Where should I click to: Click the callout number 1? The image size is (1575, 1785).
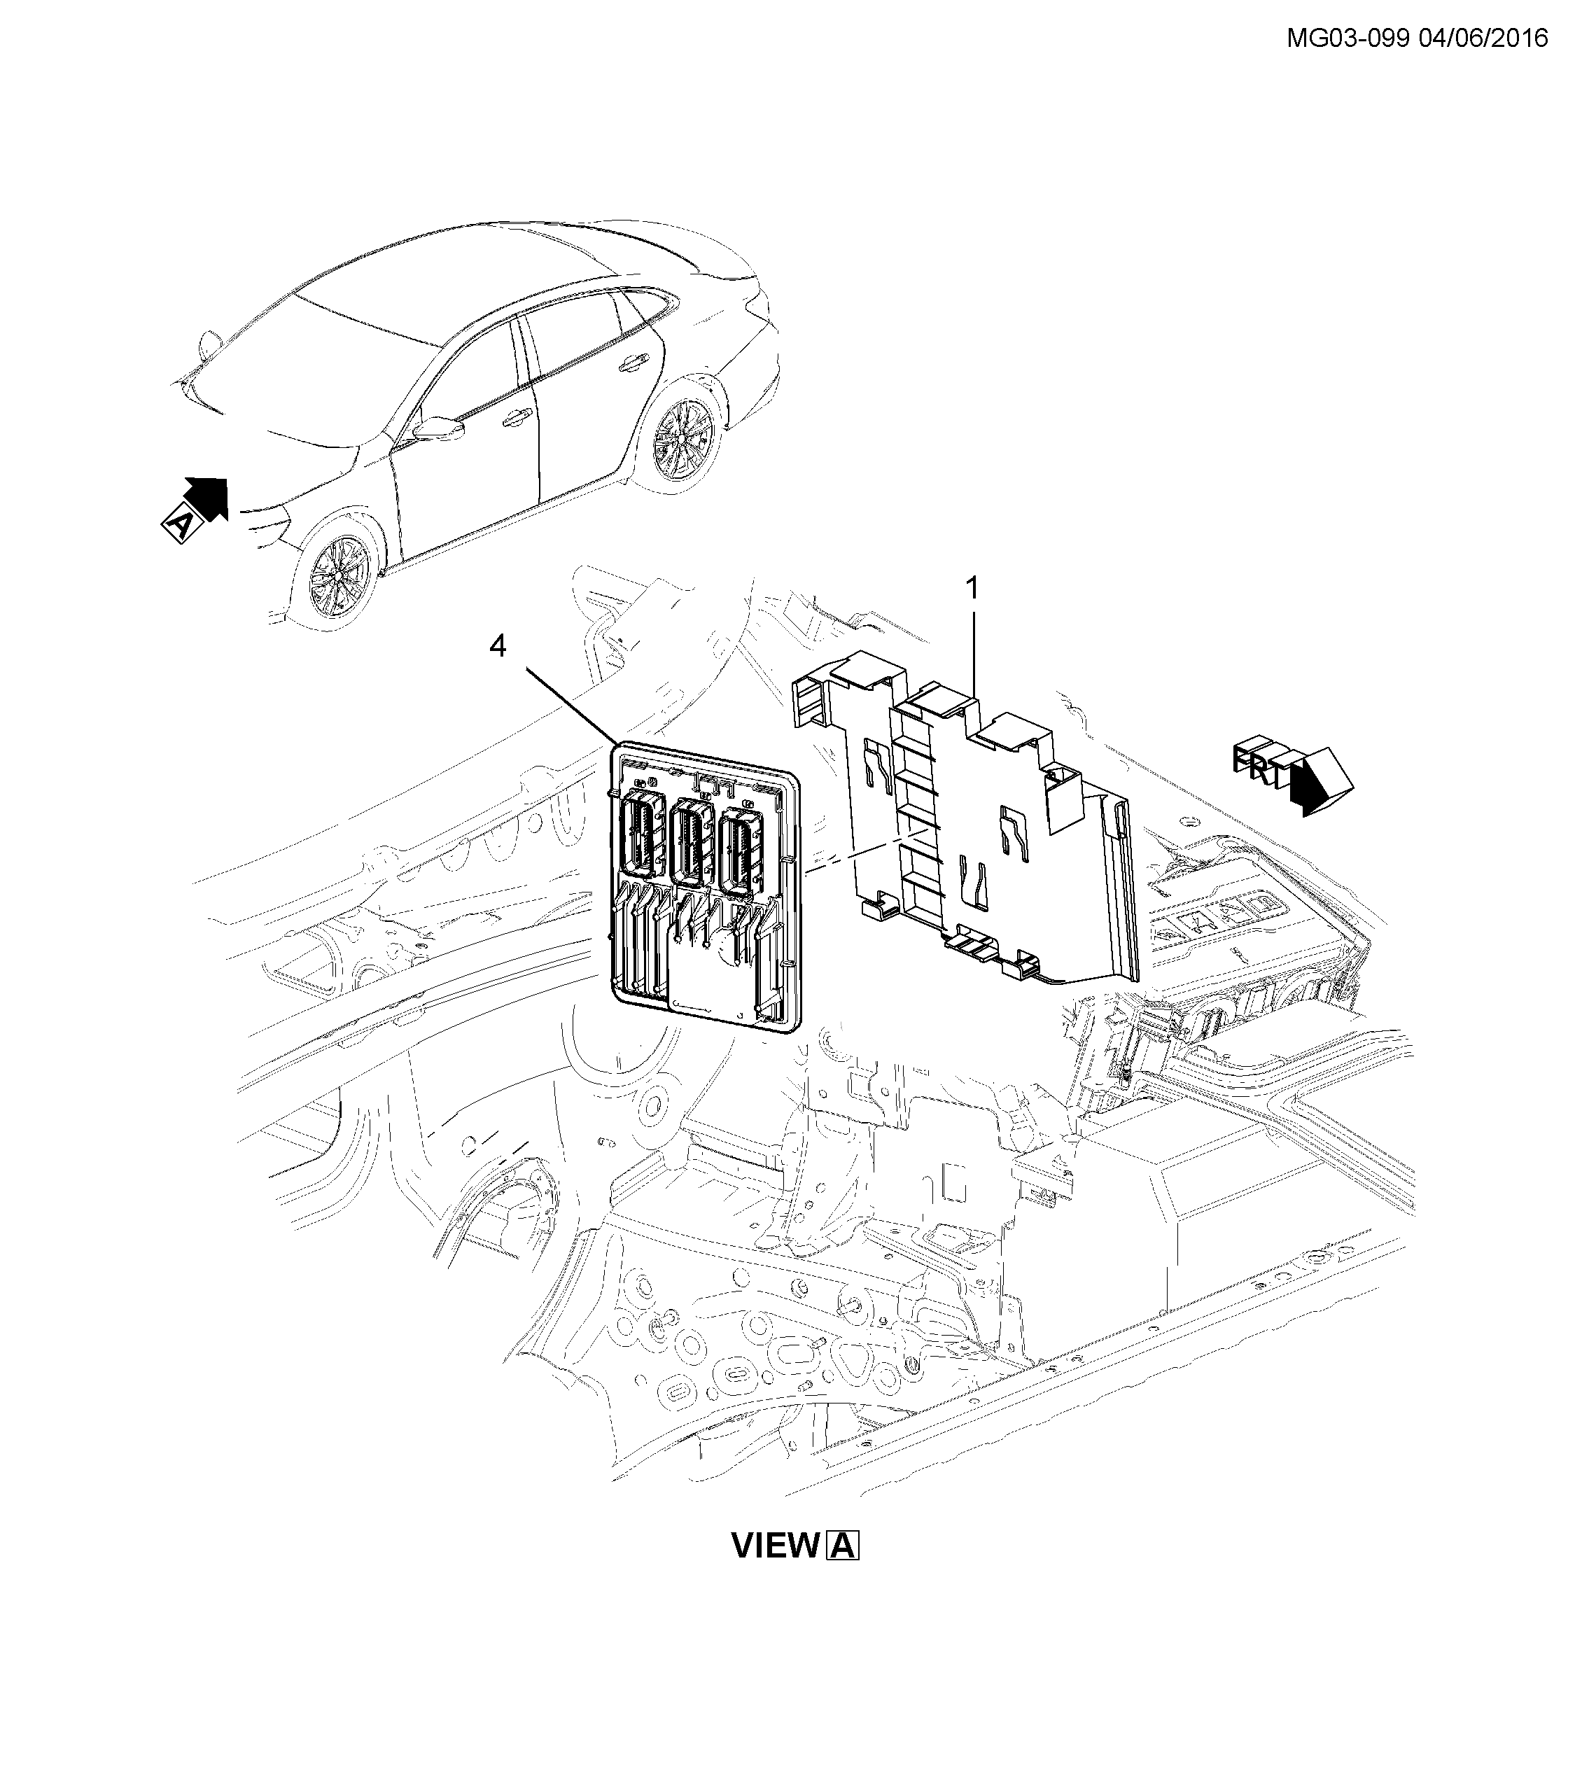(971, 589)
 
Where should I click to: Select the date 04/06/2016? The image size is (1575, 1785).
(1483, 38)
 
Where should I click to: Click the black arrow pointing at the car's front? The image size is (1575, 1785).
(209, 497)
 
